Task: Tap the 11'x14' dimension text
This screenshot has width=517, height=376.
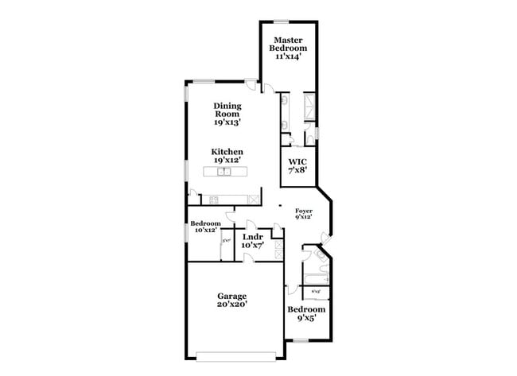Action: click(x=290, y=57)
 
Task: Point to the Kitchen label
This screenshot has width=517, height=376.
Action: click(x=227, y=151)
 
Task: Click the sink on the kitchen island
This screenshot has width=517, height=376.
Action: click(x=225, y=171)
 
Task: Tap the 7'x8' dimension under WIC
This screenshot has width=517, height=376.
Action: click(x=297, y=169)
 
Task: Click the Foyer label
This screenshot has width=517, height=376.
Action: click(x=304, y=211)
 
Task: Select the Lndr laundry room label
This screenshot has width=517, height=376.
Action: click(x=253, y=236)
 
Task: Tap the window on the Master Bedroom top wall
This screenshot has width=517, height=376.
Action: click(x=281, y=21)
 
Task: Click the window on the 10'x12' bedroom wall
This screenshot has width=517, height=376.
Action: click(x=186, y=231)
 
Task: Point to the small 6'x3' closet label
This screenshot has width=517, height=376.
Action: click(x=315, y=292)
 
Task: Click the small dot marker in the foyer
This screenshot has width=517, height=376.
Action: click(x=278, y=207)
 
